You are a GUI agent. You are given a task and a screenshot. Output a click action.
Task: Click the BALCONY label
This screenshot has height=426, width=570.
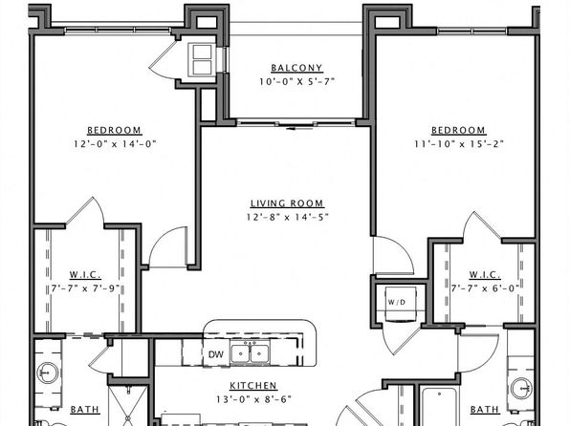[296, 68]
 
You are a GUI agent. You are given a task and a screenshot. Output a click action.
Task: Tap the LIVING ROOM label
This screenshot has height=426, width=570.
[287, 203]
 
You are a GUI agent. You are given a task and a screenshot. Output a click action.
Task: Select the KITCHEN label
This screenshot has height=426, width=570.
[253, 385]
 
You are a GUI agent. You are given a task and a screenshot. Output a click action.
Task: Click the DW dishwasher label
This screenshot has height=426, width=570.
[216, 354]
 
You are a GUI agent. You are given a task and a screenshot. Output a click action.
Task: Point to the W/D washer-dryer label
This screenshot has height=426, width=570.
[397, 302]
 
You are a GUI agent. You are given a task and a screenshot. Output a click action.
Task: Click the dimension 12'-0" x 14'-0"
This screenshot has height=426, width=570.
[115, 144]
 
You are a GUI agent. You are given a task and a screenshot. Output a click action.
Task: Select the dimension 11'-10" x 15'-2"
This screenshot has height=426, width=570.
[459, 144]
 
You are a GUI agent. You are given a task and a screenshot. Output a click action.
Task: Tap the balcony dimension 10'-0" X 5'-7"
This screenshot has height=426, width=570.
[296, 81]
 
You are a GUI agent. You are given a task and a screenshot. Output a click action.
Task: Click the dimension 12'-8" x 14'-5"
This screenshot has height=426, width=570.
[287, 217]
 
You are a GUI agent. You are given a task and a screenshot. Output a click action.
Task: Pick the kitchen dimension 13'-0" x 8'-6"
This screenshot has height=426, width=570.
[253, 399]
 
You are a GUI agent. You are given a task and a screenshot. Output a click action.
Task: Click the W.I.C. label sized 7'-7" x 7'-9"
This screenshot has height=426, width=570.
[85, 275]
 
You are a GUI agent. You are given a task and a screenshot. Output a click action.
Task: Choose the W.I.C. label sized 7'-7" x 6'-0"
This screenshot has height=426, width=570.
[485, 275]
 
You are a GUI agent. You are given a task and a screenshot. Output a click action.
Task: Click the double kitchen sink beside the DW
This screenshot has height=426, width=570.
[250, 353]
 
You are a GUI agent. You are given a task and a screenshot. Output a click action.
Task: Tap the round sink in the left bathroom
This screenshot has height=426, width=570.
[47, 373]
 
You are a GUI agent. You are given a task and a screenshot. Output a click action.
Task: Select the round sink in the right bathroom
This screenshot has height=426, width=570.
[521, 389]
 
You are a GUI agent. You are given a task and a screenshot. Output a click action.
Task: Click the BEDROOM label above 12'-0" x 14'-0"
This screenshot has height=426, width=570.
[114, 130]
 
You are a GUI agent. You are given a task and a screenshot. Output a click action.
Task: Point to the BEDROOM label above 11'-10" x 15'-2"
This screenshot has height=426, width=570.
[458, 130]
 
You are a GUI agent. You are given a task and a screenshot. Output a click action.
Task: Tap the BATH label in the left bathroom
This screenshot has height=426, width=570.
[85, 410]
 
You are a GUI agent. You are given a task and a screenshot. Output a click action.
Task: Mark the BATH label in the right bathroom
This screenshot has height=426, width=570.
[485, 410]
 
